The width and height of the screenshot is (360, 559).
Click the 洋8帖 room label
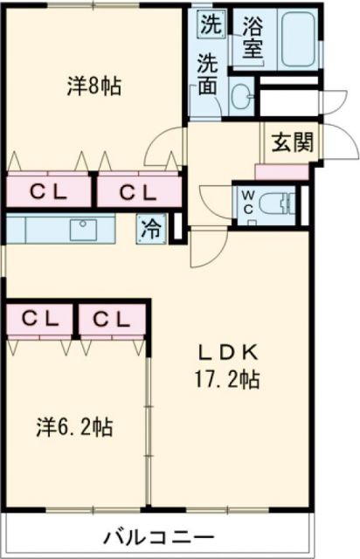[x=94, y=86]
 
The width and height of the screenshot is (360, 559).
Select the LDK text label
[x=226, y=353]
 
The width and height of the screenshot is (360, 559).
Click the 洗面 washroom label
[x=208, y=73]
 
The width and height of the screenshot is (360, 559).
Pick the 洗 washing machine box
[x=209, y=25]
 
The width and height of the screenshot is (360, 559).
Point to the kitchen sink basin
[x=84, y=231]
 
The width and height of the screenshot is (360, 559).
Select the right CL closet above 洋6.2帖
[x=112, y=319]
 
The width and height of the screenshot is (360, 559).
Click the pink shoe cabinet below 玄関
[x=282, y=171]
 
